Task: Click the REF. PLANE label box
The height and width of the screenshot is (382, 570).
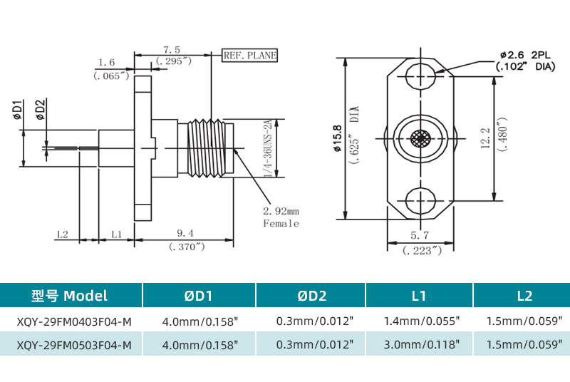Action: click(249, 55)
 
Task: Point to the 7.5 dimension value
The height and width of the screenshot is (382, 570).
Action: click(172, 49)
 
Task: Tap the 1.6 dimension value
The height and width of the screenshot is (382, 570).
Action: click(107, 62)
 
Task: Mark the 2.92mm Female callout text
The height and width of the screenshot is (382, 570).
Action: click(281, 217)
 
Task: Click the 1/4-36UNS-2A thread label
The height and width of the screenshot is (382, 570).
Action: click(268, 149)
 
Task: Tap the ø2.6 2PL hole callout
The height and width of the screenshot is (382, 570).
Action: click(525, 55)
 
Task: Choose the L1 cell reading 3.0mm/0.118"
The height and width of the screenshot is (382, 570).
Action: click(421, 345)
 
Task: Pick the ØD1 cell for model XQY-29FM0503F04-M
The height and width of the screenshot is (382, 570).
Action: click(199, 345)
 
